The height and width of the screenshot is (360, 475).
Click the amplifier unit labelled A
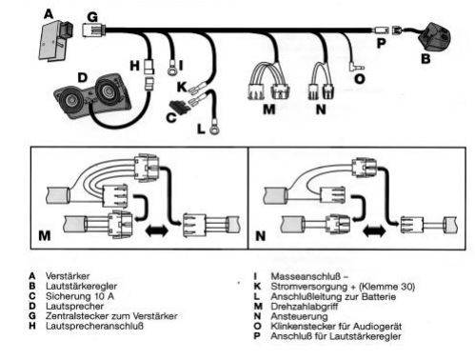point(55,40)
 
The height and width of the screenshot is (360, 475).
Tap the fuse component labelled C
point(180,108)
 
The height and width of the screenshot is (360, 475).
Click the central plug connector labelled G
point(93,30)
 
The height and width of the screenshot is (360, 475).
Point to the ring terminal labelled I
point(172,71)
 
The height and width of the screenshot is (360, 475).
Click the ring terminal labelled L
point(214,130)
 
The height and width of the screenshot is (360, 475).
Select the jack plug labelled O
point(356,68)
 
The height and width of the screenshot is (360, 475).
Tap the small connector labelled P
point(382,30)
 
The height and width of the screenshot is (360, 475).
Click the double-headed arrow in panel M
point(156,230)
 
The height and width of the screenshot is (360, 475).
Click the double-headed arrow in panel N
point(374,230)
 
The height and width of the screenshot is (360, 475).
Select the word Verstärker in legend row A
point(68,276)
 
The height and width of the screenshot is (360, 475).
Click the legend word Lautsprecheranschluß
point(94,326)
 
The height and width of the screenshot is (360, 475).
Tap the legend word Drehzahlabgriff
point(304,307)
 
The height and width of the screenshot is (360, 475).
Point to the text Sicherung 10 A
point(80,296)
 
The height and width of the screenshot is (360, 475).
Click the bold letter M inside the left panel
point(45,236)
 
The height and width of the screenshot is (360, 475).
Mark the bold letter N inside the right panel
point(261,236)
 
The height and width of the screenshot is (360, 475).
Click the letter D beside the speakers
point(82,77)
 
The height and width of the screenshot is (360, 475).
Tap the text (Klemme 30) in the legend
point(386,287)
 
